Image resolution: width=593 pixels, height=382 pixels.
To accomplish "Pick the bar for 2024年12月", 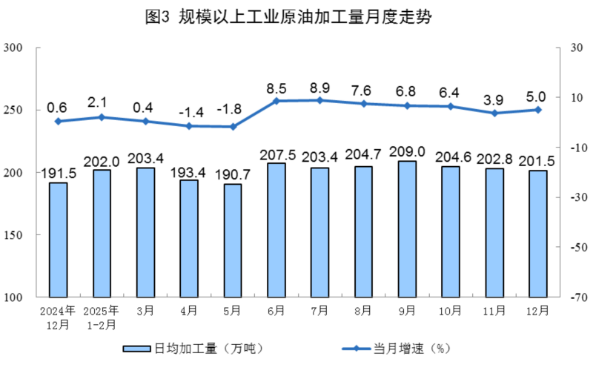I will click(x=58, y=240).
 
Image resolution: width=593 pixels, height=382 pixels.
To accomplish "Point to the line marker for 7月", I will click(x=319, y=100).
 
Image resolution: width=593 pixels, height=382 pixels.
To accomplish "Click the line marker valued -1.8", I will click(x=233, y=127).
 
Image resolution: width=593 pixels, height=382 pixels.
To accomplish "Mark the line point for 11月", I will click(x=494, y=113).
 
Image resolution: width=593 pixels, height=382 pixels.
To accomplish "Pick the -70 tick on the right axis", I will click(x=576, y=297).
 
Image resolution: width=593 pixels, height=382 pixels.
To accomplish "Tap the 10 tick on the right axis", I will click(x=576, y=99).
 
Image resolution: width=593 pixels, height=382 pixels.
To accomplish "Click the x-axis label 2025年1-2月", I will click(x=102, y=317).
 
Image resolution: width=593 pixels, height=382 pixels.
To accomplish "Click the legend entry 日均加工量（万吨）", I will click(x=192, y=349).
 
